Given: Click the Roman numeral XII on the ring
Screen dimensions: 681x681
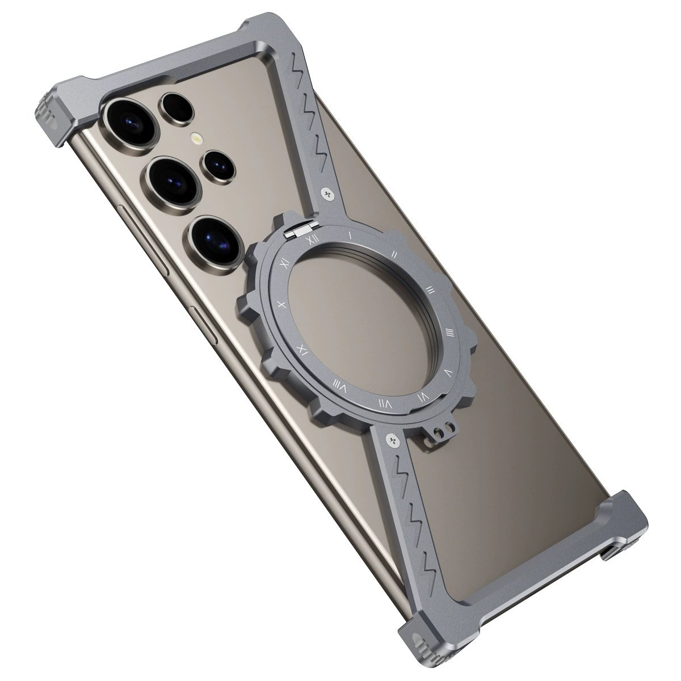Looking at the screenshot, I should click(x=312, y=239).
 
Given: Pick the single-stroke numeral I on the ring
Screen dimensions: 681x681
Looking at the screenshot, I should click(x=351, y=233).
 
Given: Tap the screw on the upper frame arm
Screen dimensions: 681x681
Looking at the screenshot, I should click(x=327, y=193).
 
